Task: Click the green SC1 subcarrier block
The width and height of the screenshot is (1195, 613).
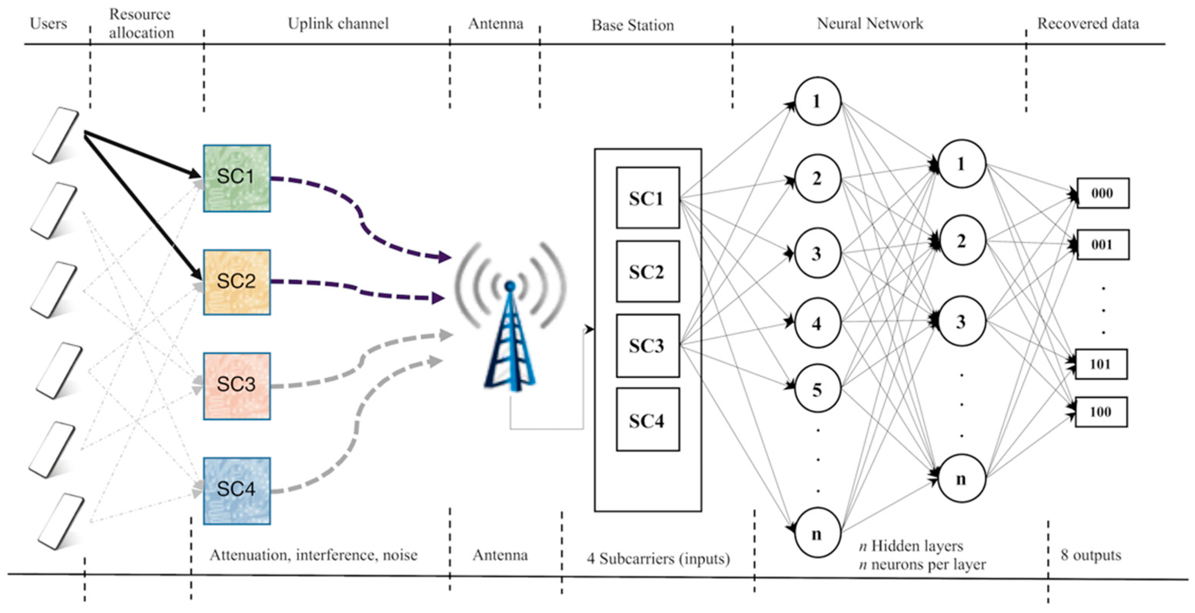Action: coord(237,178)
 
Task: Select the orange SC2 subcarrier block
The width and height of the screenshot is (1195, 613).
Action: coord(237,282)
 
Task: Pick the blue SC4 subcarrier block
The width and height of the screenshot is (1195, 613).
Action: coord(237,491)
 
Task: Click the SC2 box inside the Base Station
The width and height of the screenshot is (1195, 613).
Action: coord(648,272)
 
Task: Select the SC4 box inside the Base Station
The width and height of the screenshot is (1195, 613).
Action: coord(648,419)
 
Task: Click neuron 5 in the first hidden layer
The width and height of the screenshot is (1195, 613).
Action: coord(817,389)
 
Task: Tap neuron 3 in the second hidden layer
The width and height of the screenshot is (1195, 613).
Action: coord(961,321)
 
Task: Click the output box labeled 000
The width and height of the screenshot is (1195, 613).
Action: coord(1102,193)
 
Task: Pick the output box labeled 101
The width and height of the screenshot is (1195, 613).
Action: coord(1101,364)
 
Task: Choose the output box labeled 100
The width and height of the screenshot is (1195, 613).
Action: coord(1101,412)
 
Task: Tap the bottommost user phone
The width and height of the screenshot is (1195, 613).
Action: coord(61,521)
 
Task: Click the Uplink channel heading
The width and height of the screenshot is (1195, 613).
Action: coord(338,24)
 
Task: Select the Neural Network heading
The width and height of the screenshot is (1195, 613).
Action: coord(870,24)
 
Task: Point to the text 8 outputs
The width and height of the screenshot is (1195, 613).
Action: coord(1091,555)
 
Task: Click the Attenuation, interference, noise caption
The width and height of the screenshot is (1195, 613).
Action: coord(314,555)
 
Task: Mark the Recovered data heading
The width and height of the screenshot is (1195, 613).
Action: coord(1088,24)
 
